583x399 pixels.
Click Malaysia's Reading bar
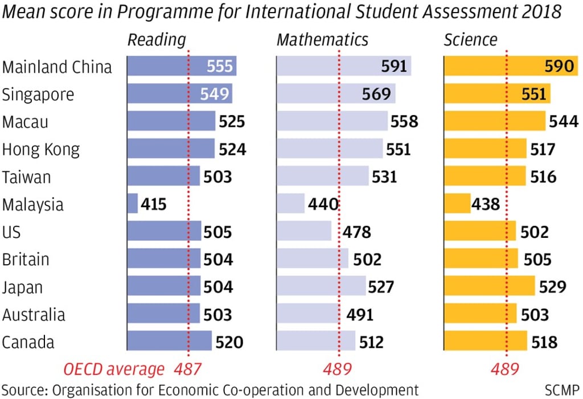point(132,204)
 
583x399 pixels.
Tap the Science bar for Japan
point(490,286)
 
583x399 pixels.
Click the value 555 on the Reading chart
point(220,67)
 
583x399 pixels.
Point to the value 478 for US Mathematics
point(356,232)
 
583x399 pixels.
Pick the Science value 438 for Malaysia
point(485,204)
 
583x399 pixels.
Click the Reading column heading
point(157,40)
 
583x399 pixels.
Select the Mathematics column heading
point(322,40)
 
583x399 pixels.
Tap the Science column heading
point(470,40)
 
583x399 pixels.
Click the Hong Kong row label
point(41,150)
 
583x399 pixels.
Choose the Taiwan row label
point(26,177)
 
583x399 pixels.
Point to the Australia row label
point(34,315)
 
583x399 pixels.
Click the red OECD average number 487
point(187,369)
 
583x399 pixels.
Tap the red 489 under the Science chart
point(505,369)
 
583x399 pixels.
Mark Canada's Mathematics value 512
point(371,342)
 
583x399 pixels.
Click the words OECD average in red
point(114,369)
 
